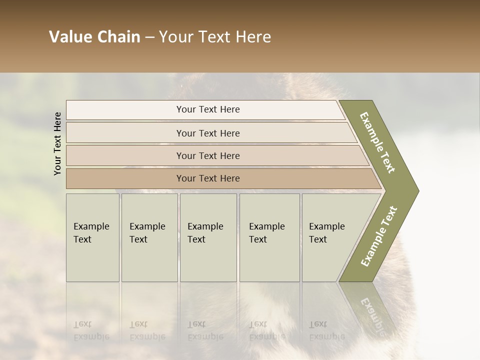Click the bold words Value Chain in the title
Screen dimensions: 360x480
(x=94, y=37)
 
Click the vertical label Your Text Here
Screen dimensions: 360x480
(x=57, y=143)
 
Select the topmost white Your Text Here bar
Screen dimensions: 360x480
(x=207, y=109)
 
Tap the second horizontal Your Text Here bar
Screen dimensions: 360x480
(x=208, y=133)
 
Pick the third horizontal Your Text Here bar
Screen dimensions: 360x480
(x=208, y=155)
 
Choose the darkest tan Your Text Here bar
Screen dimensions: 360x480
(x=208, y=178)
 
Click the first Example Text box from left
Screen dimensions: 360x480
(x=92, y=237)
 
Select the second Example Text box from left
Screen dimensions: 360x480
(x=149, y=237)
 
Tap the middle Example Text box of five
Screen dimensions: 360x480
(x=208, y=237)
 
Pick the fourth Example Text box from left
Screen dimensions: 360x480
(x=269, y=237)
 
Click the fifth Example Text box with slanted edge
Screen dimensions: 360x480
(x=330, y=237)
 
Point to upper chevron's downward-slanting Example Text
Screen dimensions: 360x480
(x=377, y=142)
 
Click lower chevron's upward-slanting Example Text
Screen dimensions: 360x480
(x=378, y=236)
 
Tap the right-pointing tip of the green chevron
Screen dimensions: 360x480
(x=416, y=190)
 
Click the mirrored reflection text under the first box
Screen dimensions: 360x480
(x=91, y=330)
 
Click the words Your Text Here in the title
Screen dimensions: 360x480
(x=215, y=37)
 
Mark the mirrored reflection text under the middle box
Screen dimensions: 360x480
(x=205, y=330)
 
